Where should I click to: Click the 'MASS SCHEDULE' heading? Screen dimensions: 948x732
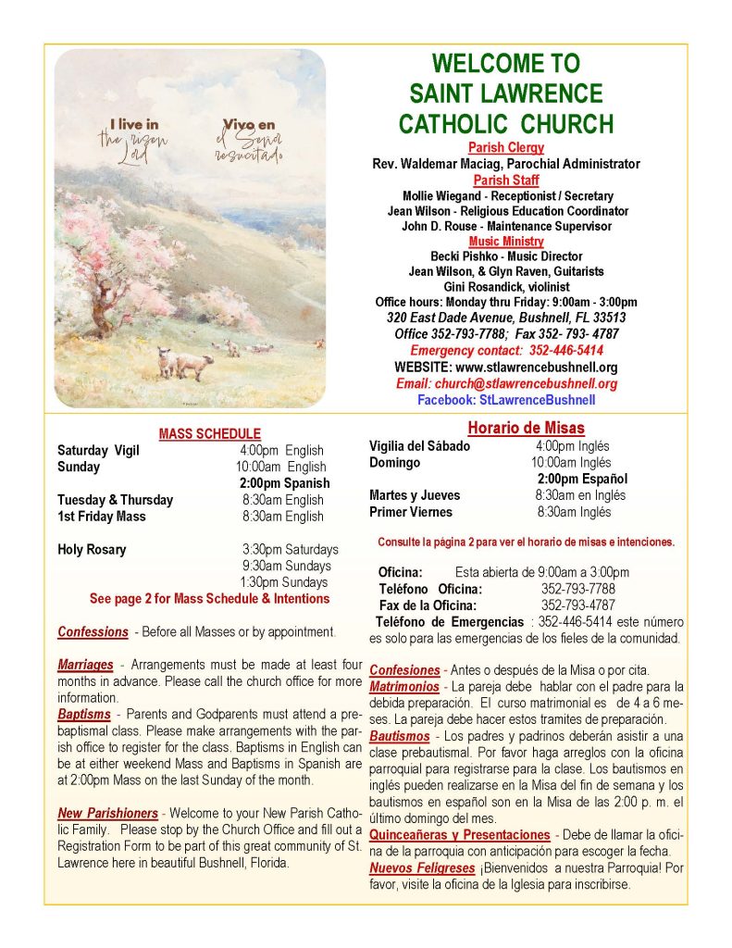coord(209,433)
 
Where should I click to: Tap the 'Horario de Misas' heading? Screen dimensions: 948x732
coord(526,428)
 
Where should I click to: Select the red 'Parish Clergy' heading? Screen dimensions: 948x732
coord(505,147)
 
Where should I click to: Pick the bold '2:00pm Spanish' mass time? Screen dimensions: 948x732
coord(284,483)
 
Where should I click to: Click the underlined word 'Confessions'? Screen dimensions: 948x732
coord(93,632)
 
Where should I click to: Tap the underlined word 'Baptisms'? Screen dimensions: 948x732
coord(86,715)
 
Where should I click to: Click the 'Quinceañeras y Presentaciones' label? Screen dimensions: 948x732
coord(459,835)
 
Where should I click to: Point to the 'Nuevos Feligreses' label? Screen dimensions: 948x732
coord(422,868)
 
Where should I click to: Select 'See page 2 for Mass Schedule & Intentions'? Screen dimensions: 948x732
coord(209,599)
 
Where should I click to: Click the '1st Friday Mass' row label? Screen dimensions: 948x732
coord(101,517)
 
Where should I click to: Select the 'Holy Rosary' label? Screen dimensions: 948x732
coord(92,550)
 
